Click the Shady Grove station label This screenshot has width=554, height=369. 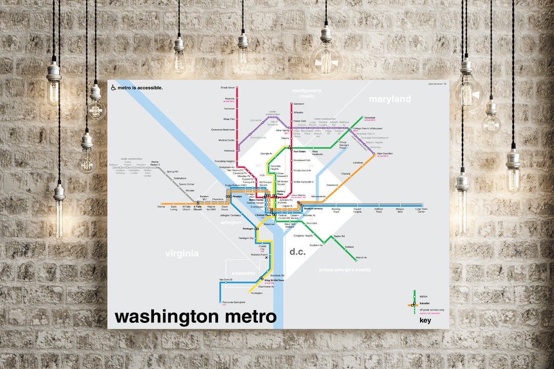click(227, 87)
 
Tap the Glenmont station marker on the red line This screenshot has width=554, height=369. click(291, 104)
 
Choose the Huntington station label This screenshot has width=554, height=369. click(256, 293)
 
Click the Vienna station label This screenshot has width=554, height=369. click(161, 208)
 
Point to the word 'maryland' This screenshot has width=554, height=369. click(390, 99)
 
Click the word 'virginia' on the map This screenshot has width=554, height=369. click(182, 253)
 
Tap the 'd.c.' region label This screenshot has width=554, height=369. click(298, 252)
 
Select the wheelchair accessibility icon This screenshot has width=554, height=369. click(113, 88)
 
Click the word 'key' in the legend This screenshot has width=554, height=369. click(425, 321)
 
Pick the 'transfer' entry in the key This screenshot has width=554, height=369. click(425, 303)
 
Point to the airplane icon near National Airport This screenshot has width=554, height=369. click(266, 258)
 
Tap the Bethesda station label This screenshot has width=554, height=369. click(229, 151)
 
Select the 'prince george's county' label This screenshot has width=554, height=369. click(345, 270)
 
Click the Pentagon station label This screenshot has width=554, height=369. click(248, 229)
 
